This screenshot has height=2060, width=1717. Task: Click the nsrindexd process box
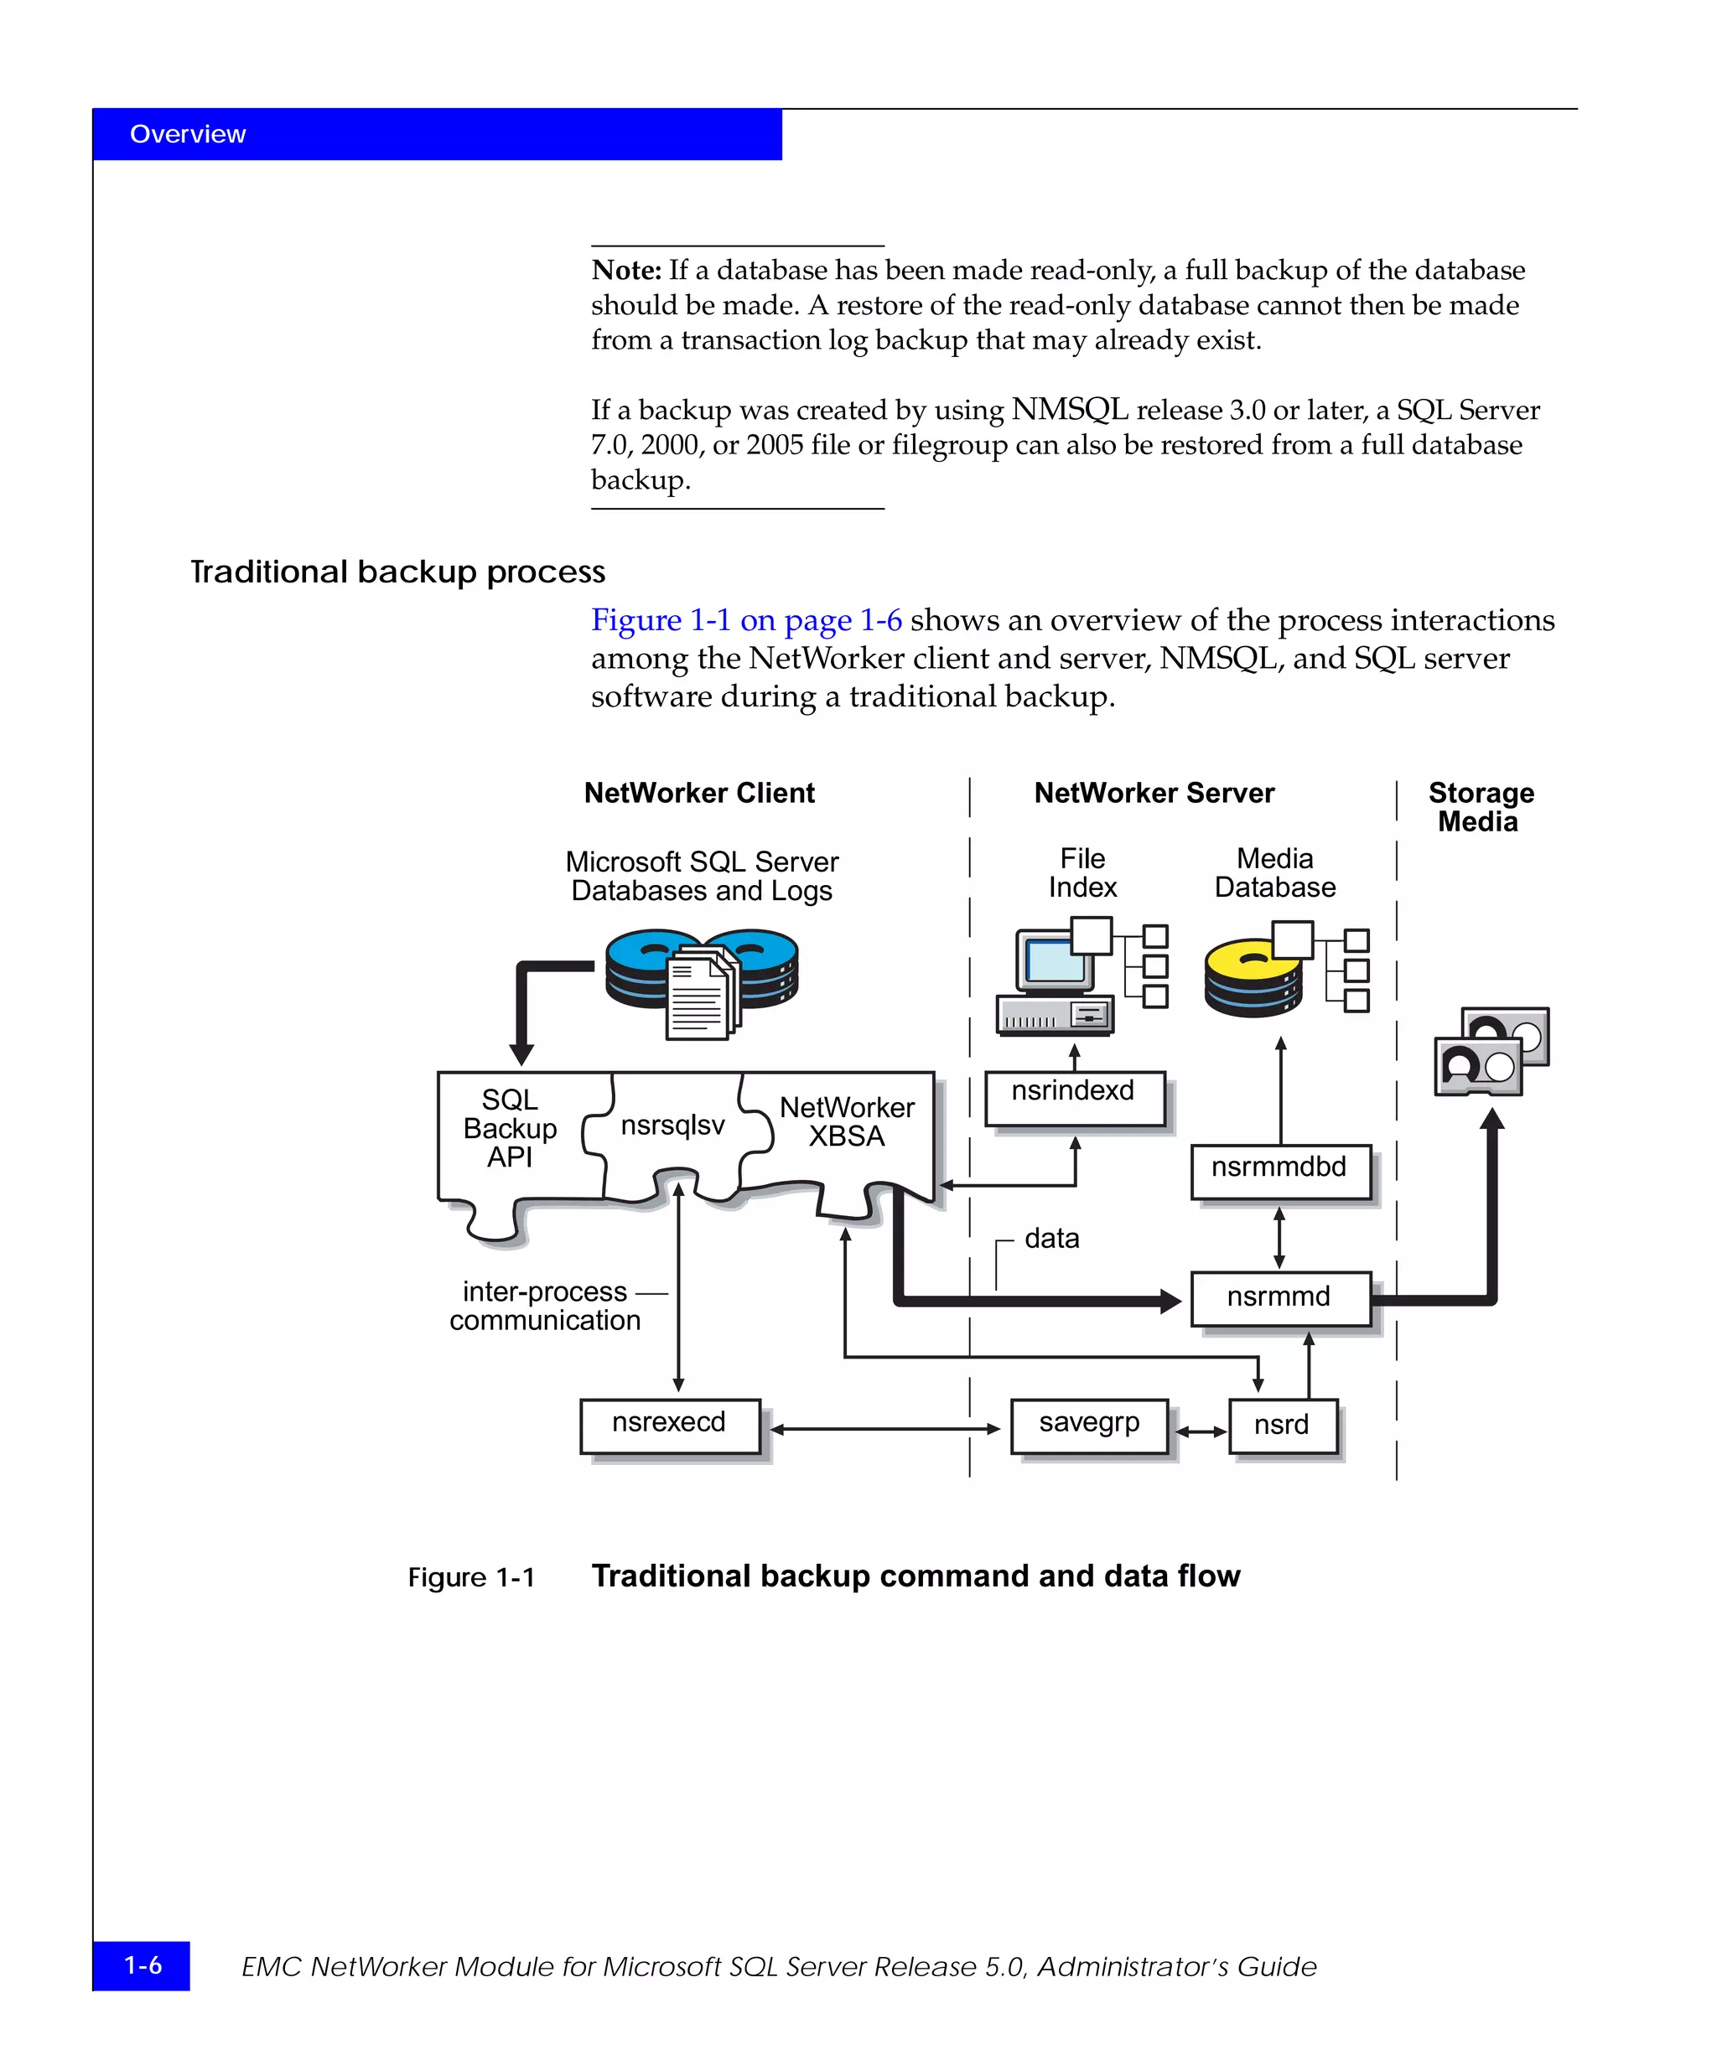coord(1073,1098)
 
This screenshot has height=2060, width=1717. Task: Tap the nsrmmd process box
coord(1279,1299)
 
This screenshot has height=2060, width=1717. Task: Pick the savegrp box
coord(1088,1426)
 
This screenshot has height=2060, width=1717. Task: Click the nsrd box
coord(1281,1426)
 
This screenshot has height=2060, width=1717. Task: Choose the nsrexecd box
coord(669,1426)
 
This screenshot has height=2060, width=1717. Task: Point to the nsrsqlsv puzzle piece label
coord(673,1126)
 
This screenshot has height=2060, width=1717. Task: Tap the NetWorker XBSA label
coord(847,1121)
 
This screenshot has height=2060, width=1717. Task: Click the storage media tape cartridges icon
coord(1491,1051)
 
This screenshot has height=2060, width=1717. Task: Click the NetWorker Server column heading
coord(1154,793)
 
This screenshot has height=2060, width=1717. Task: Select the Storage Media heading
coord(1481,806)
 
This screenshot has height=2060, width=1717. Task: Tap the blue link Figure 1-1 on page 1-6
coord(745,620)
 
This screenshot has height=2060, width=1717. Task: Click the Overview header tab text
coord(188,134)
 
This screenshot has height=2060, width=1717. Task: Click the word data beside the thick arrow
coord(1052,1239)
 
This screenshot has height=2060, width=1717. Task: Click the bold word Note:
coord(626,270)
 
